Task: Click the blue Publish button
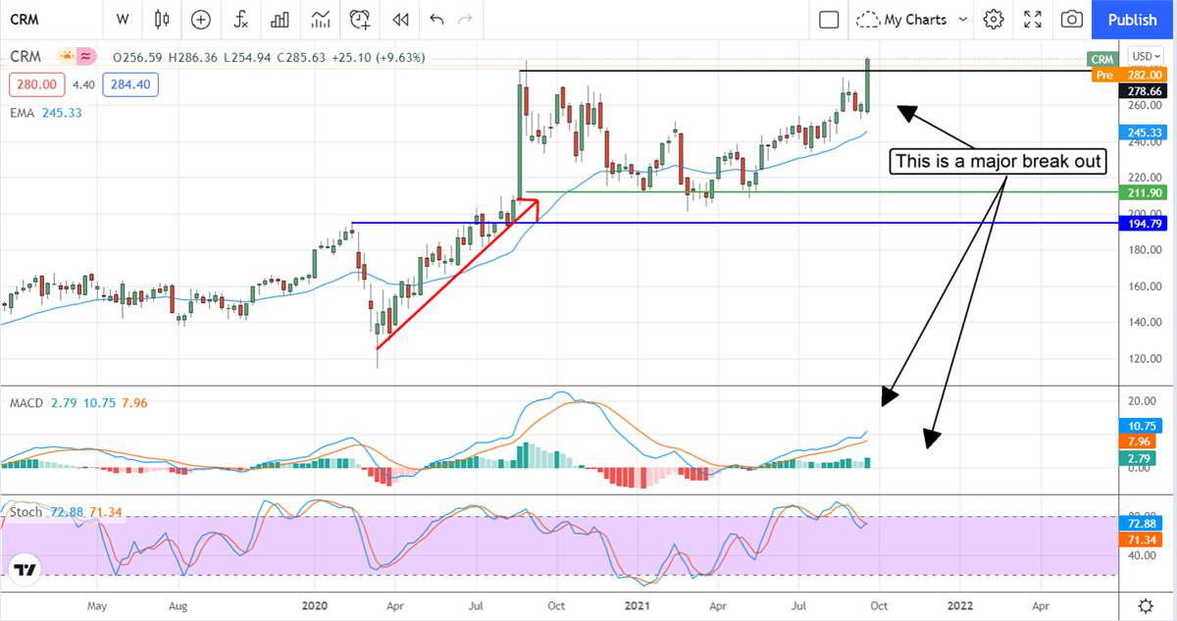point(1132,20)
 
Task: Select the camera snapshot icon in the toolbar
point(1072,20)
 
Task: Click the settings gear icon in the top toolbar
point(994,20)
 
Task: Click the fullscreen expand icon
point(1033,20)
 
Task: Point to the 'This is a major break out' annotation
point(997,161)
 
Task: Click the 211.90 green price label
point(1143,193)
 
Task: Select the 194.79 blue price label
point(1143,224)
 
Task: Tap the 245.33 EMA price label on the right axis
point(1143,132)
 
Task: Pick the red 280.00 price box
point(33,85)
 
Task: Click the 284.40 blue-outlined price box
point(128,85)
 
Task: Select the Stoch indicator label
point(26,512)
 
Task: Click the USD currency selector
point(1144,56)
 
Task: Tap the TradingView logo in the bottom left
point(26,569)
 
